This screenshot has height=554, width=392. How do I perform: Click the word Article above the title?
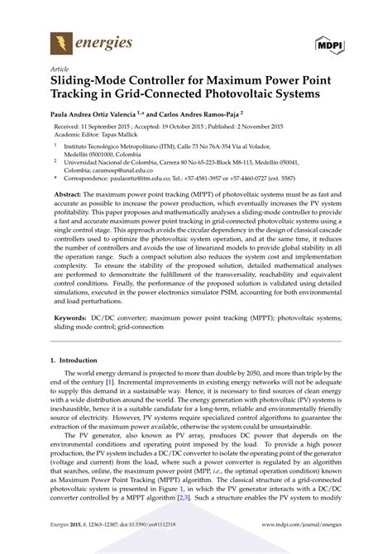(60, 69)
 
